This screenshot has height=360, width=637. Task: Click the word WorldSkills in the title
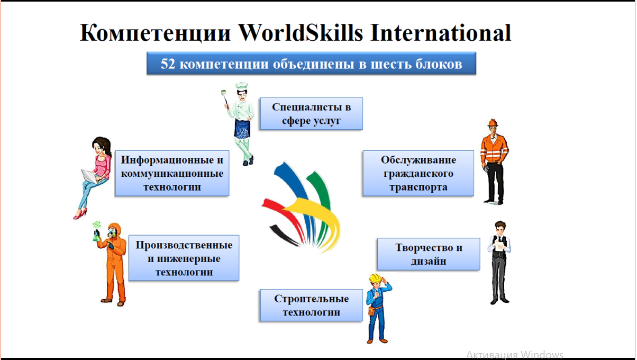tap(301, 33)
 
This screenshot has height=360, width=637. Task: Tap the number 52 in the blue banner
tap(168, 64)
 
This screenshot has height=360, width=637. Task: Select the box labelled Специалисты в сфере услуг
tap(312, 113)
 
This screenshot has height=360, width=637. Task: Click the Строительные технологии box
tap(312, 305)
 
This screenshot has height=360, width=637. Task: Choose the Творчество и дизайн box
tap(429, 254)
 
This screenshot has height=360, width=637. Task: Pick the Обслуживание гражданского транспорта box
tap(418, 173)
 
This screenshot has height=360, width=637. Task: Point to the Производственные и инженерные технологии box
tap(184, 258)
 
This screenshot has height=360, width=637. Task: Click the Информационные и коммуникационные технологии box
tap(172, 173)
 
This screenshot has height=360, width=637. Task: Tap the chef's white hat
tap(242, 85)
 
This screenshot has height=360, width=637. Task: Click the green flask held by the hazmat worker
tap(96, 236)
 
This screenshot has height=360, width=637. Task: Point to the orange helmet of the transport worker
tap(493, 123)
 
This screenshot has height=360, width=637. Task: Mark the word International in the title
tap(441, 33)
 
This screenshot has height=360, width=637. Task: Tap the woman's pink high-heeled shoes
tap(80, 214)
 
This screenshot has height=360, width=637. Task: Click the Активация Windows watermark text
tap(515, 355)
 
